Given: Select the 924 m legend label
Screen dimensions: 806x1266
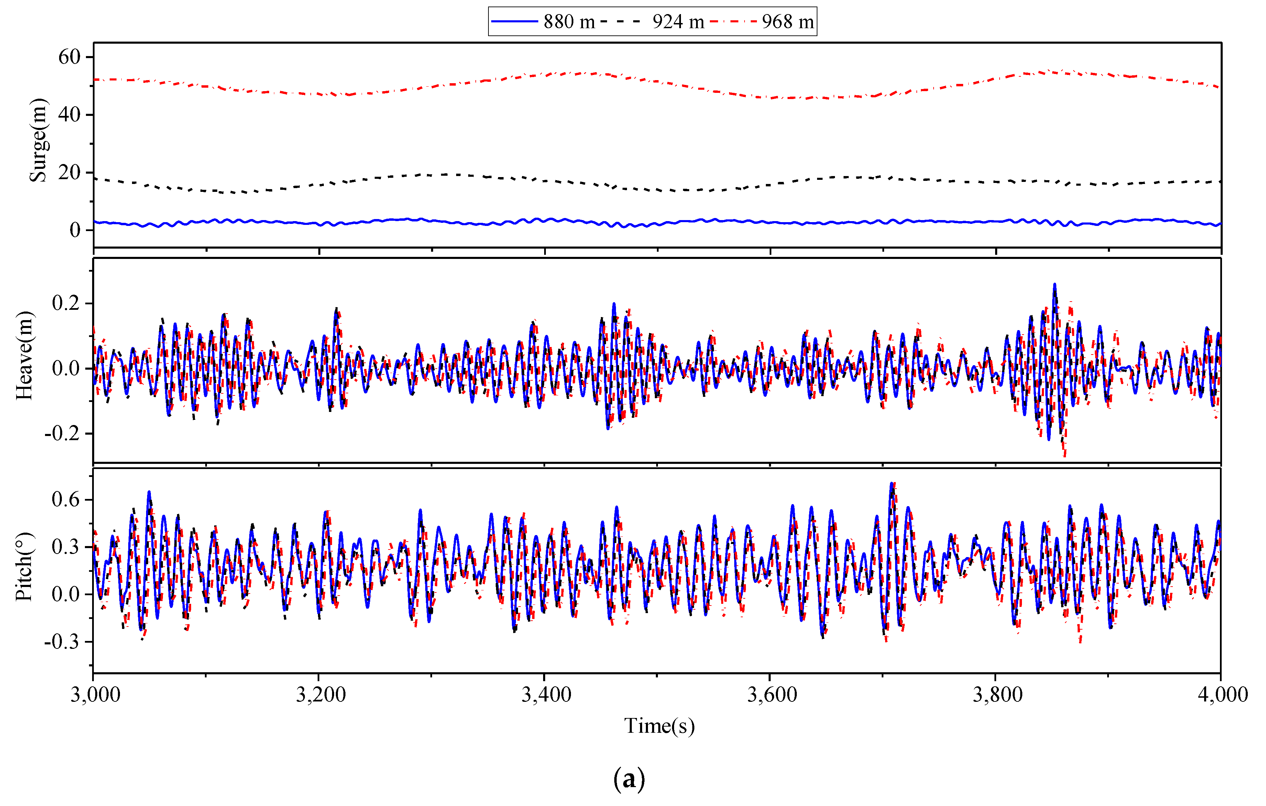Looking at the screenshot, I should [678, 22].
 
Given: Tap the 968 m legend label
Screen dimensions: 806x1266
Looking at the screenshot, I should [787, 22].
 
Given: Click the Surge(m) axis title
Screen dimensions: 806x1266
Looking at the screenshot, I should [38, 140].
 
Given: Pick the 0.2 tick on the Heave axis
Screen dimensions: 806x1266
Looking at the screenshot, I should [66, 303].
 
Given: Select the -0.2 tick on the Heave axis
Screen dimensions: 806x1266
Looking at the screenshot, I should [62, 434].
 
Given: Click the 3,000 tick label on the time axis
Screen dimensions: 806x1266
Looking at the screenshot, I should [95, 695].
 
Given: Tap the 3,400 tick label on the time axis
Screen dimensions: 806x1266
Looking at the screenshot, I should [546, 695].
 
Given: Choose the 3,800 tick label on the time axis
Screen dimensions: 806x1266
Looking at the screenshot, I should [997, 695].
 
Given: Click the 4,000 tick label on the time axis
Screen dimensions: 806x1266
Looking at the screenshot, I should [1222, 695].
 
